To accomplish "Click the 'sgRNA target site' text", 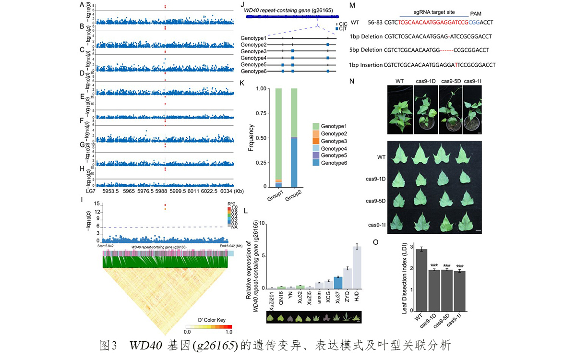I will [431, 10].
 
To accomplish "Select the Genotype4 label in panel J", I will [253, 58].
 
